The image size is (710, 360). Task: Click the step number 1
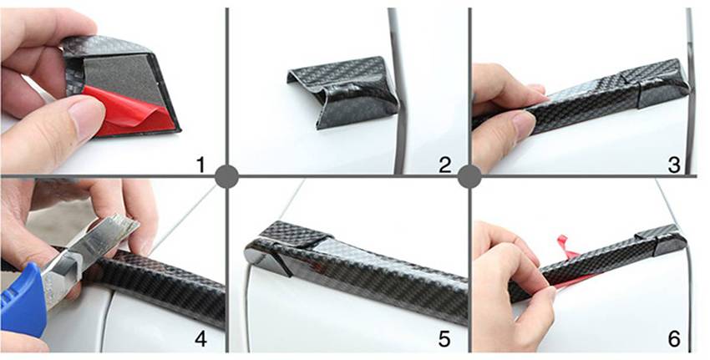(x=199, y=165)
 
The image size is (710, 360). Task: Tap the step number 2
(x=445, y=165)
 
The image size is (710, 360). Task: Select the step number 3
(x=673, y=165)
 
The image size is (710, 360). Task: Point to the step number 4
(x=199, y=338)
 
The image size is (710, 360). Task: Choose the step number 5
(x=445, y=338)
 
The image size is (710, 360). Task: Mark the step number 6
(x=673, y=338)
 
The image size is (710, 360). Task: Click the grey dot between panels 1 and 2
(x=227, y=176)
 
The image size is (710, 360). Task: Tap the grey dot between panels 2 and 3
(x=469, y=176)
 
